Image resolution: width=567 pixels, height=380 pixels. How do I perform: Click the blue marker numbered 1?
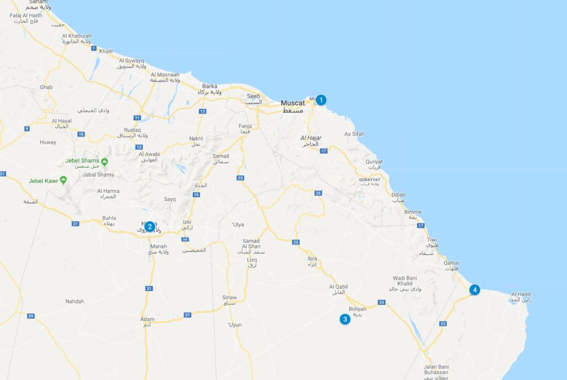[x=321, y=100]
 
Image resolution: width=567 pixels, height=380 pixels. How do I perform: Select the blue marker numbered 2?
[x=150, y=227]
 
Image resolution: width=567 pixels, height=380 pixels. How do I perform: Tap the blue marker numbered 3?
[x=345, y=319]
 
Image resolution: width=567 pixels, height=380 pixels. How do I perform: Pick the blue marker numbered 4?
[x=475, y=290]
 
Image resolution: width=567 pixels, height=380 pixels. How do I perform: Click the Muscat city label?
[x=292, y=103]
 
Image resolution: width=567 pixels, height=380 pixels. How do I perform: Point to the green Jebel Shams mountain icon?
[x=104, y=161]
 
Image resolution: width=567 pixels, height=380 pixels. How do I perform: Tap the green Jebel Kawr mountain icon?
[x=64, y=180]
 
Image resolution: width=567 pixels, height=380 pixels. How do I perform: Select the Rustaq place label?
[x=132, y=130]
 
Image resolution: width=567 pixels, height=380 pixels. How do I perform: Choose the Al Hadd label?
[x=521, y=294]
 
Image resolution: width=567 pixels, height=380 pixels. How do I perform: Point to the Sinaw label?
[x=229, y=297]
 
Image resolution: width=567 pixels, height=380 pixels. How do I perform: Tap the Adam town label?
[x=147, y=319]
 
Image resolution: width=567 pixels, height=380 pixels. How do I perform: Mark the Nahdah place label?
[x=75, y=301]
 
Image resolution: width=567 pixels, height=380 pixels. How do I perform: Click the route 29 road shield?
[x=31, y=316]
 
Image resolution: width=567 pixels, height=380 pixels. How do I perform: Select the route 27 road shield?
[x=187, y=315]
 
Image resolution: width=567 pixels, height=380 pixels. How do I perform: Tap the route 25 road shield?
[x=318, y=193]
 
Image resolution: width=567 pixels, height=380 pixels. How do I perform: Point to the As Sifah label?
[x=354, y=134]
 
